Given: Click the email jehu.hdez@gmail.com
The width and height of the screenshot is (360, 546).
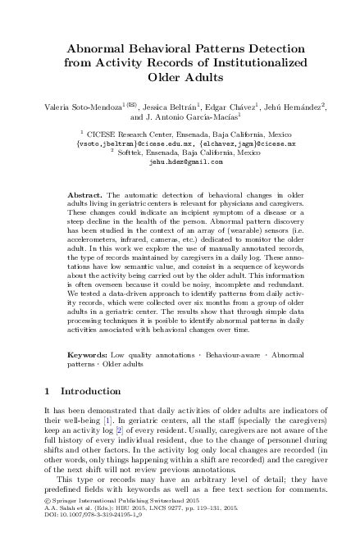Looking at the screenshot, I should (x=180, y=162).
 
